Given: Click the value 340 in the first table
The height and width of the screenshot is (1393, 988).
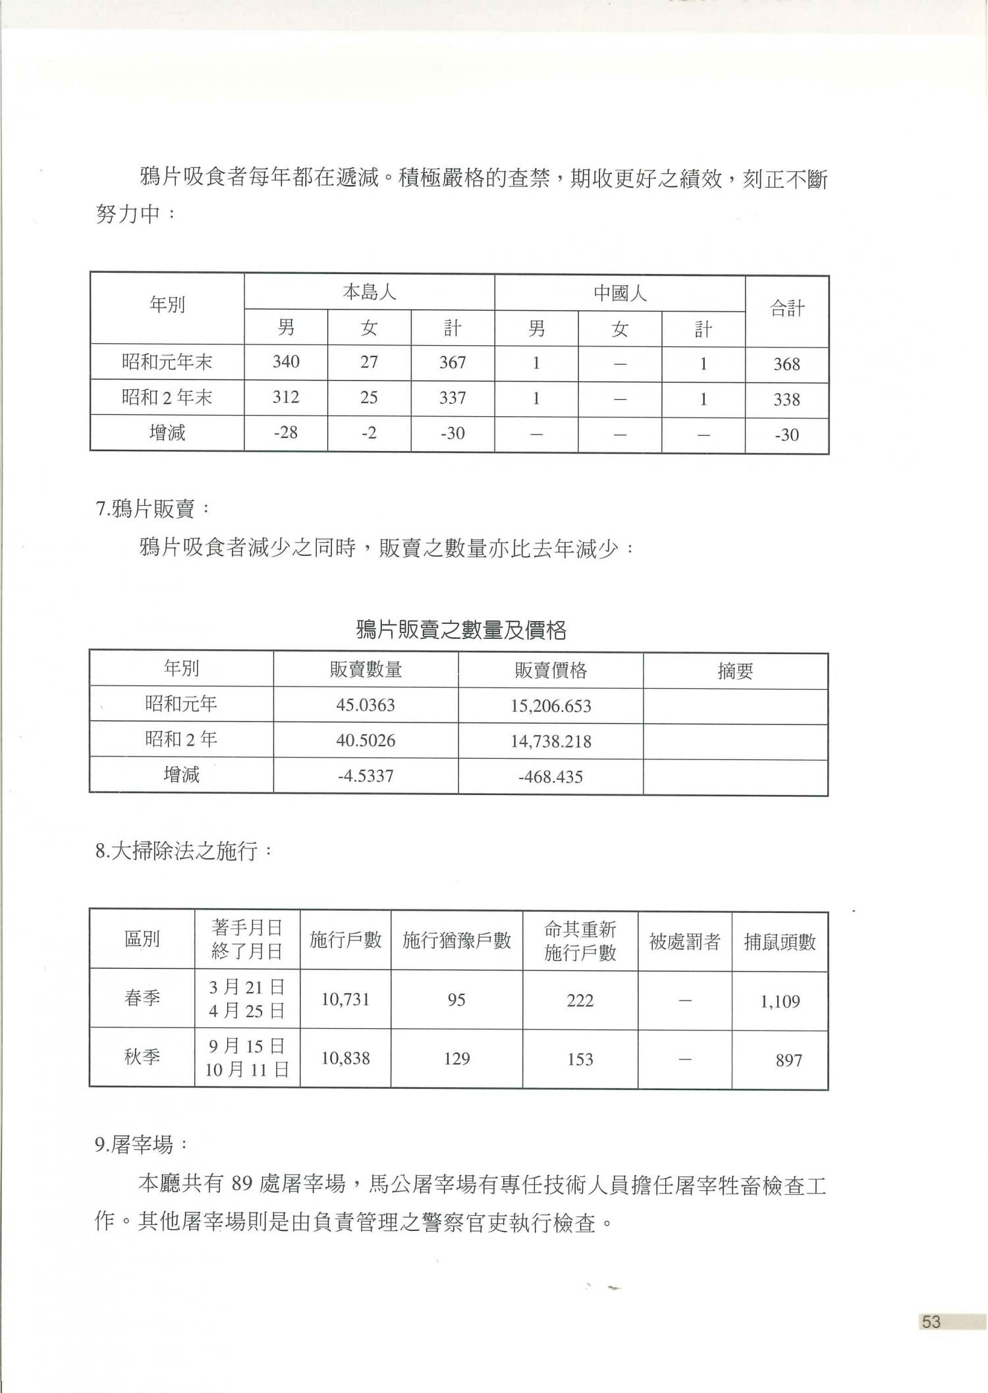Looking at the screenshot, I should point(285,362).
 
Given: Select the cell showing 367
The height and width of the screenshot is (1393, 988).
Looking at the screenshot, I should point(453,362).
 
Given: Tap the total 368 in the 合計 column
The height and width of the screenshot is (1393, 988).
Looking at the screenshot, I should point(786,364).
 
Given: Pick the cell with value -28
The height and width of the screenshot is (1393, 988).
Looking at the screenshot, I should point(285,433).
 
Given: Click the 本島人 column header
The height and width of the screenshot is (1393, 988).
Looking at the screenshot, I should point(369,292).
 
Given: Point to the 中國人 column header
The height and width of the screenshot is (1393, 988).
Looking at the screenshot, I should point(620,293).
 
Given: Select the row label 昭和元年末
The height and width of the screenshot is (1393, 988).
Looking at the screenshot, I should point(167,362).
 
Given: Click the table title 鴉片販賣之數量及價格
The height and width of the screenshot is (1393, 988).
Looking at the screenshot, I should point(460,630).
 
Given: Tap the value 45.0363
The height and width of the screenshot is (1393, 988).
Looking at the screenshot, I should point(366,705).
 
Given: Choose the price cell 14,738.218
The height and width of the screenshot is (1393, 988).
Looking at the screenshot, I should point(550,742).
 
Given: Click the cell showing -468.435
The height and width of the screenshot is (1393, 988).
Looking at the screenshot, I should point(550,777).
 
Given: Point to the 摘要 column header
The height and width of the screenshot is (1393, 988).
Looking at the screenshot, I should point(735,671).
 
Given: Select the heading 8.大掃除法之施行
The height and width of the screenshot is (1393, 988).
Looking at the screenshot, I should point(183,852).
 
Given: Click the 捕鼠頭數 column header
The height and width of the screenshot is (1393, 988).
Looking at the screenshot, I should point(780,942).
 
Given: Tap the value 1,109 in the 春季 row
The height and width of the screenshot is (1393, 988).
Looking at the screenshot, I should point(780,1002).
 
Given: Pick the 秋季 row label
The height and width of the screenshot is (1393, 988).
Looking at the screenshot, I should point(142,1057).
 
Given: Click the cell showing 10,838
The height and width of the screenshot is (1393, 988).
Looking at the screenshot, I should point(345,1058).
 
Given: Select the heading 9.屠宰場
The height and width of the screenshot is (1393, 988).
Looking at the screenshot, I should point(141,1145).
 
